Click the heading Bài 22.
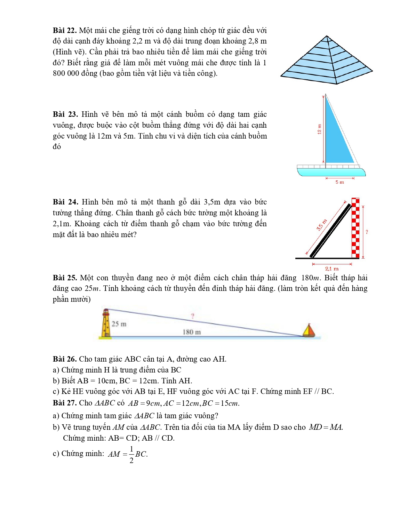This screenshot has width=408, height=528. pos(65,30)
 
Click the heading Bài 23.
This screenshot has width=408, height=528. pos(65,114)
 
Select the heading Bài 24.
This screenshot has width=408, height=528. pos(65,202)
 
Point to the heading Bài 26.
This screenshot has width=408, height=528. pos(65,359)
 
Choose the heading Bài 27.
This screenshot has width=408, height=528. pos(65,403)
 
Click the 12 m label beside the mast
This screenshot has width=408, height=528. pos(319,129)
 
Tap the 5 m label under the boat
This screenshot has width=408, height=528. pos(340,182)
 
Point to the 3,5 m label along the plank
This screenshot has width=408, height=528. pos(322,225)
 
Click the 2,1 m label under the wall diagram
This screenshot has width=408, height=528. pos(332,269)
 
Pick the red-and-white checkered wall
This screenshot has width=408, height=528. pos(356,228)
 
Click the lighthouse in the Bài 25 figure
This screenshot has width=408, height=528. pos(106,323)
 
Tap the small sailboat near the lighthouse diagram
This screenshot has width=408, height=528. pos(309,331)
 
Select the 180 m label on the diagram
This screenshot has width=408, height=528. pos(192,332)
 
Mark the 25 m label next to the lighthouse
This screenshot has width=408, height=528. pos(119,324)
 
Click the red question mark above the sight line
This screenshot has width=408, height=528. pos(193,316)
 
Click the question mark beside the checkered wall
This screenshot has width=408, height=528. pos(367,232)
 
